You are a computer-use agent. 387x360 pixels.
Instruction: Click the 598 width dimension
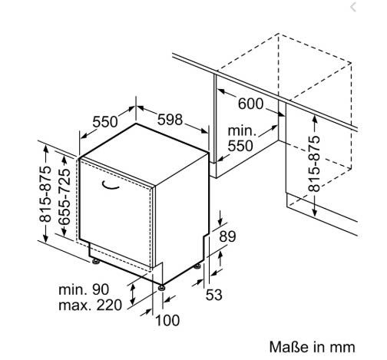tap(170, 120)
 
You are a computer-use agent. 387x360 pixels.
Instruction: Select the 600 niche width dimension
tap(250, 104)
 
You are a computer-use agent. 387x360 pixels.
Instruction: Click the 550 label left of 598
tap(105, 122)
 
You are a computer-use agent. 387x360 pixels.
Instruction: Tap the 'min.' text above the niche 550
tap(242, 131)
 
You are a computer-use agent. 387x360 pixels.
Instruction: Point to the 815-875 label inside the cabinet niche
tap(314, 163)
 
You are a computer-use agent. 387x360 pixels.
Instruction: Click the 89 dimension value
tap(227, 236)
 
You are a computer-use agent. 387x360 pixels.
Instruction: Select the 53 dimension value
tap(214, 295)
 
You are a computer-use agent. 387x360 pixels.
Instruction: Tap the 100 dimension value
tap(167, 320)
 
